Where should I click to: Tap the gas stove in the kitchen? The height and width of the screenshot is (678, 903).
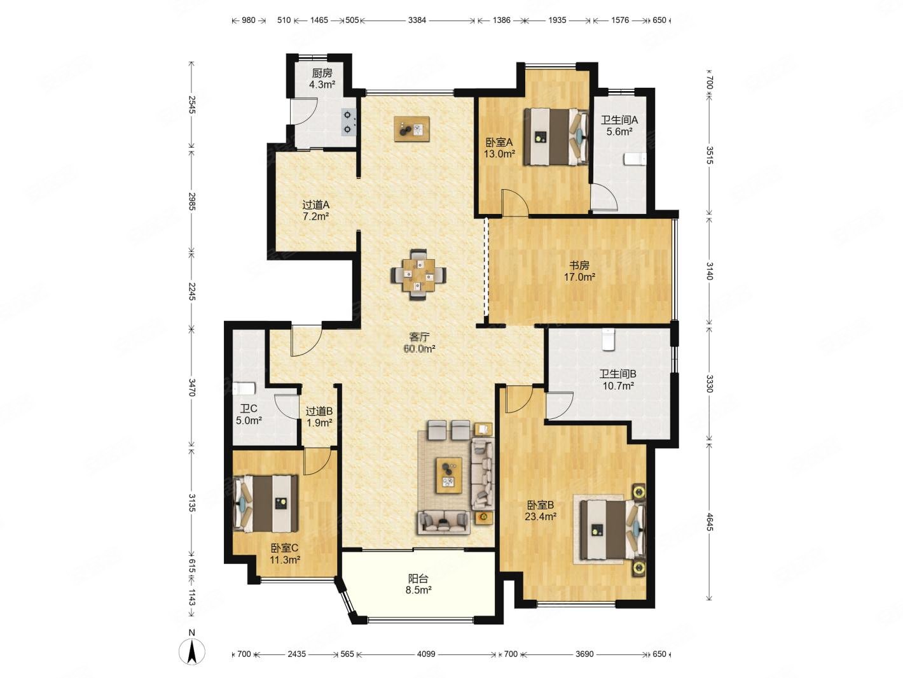(348, 122)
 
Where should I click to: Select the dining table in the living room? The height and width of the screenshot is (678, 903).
(418, 275)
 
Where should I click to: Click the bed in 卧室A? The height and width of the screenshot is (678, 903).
(555, 137)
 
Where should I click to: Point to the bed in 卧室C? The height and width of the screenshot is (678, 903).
(266, 504)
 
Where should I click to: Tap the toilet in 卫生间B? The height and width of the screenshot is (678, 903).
(608, 339)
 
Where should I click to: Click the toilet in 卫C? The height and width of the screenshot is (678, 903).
(244, 388)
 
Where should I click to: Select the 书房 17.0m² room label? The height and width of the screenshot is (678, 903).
(579, 271)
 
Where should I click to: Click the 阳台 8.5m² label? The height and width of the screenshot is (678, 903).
(418, 584)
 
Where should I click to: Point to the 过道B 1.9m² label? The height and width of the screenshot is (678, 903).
(319, 416)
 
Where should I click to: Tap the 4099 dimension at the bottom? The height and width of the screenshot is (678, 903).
(426, 654)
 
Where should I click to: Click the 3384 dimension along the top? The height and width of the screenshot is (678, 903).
(417, 20)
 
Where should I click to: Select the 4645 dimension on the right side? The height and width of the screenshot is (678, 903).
(709, 521)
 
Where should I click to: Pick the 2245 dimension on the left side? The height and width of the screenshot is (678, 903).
(191, 291)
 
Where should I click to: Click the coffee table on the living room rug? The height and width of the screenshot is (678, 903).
(448, 475)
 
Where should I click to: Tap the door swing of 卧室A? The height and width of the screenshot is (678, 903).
(515, 202)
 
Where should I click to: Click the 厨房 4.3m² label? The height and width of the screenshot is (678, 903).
(322, 79)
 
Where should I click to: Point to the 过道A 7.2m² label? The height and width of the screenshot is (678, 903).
(315, 210)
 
